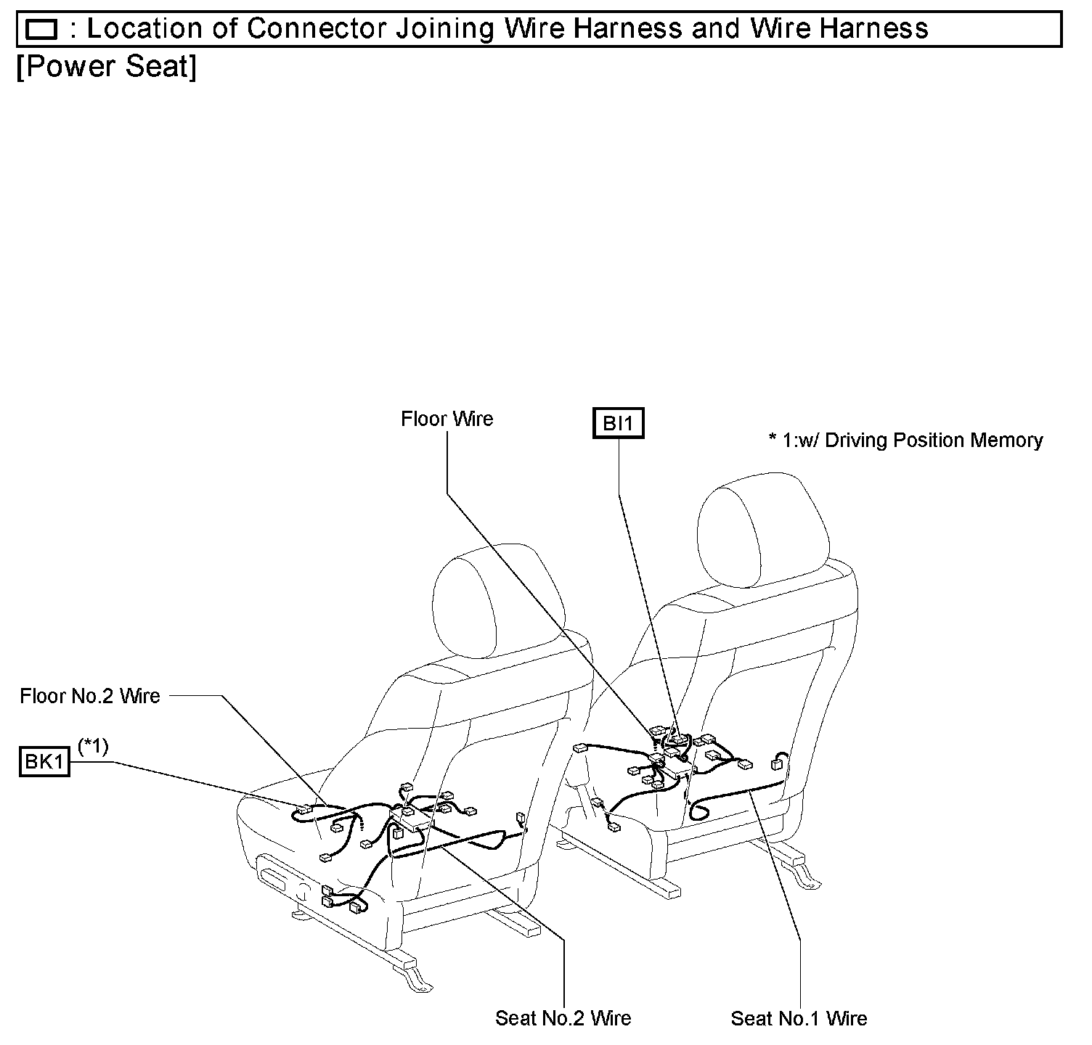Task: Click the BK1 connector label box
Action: pyautogui.click(x=44, y=763)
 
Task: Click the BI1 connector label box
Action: pyautogui.click(x=618, y=423)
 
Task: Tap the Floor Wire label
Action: pyautogui.click(x=447, y=419)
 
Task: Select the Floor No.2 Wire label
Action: pyautogui.click(x=90, y=696)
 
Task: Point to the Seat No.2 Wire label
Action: pyautogui.click(x=563, y=1018)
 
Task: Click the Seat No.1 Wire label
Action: pyautogui.click(x=799, y=1018)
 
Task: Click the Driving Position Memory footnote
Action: pyautogui.click(x=905, y=440)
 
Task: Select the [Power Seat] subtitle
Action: pyautogui.click(x=106, y=67)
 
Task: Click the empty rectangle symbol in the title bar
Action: pyautogui.click(x=41, y=30)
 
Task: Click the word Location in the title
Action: pyautogui.click(x=144, y=29)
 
